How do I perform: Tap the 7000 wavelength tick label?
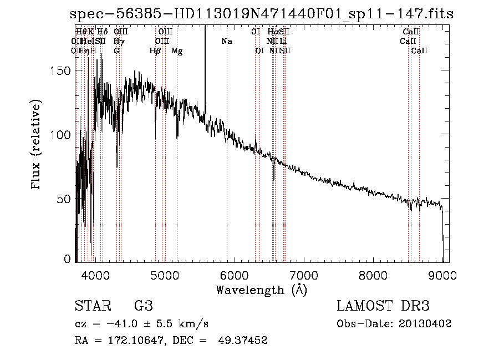(303, 274)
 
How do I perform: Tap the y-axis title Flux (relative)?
(37, 145)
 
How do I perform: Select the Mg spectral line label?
(177, 51)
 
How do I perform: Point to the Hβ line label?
(155, 51)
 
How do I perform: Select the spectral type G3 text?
(143, 306)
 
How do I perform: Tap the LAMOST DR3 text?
(383, 306)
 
